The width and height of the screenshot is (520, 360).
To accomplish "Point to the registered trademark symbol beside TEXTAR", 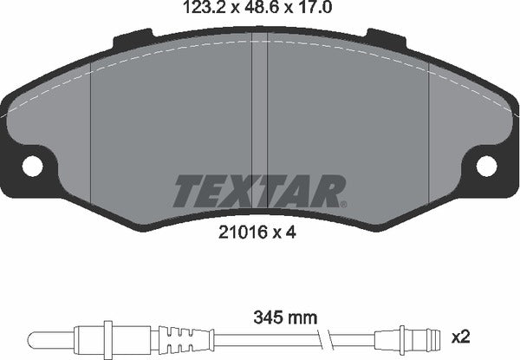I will [344, 204].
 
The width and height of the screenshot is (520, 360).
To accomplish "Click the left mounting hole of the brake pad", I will [33, 165].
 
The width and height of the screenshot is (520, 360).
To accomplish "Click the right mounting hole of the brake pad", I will [486, 165].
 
